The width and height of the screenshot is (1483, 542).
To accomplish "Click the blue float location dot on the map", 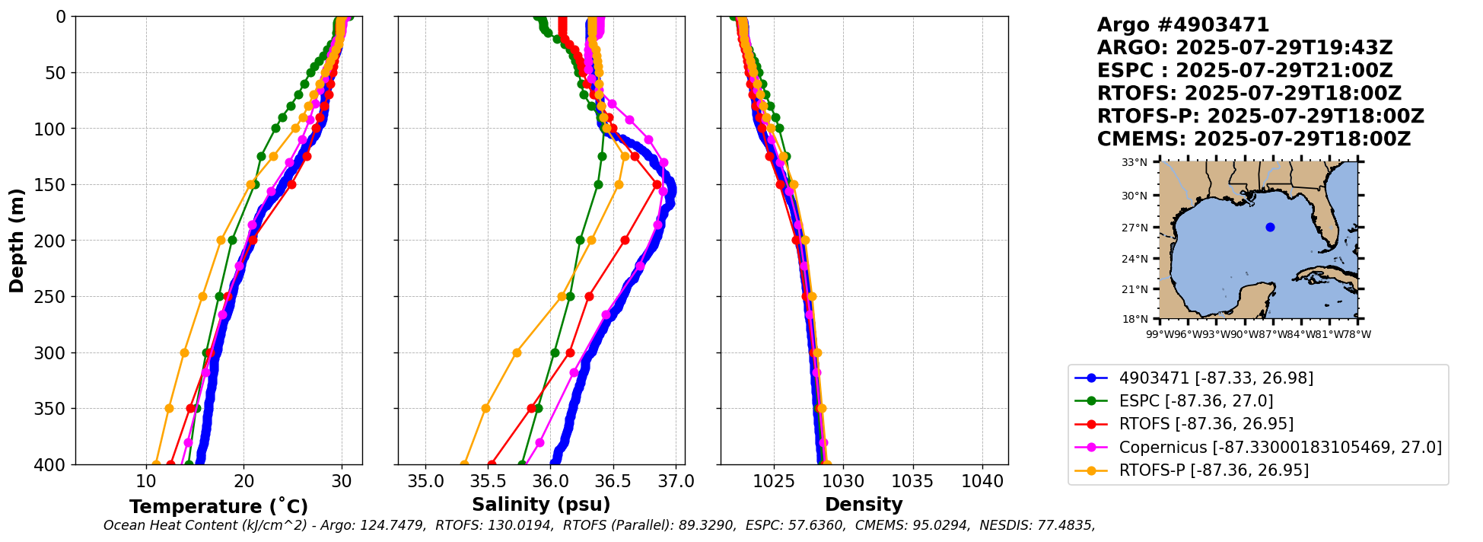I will (1270, 227).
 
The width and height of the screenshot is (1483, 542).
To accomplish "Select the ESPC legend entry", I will (1195, 401).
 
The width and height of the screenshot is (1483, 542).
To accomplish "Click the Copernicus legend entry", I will (1280, 447).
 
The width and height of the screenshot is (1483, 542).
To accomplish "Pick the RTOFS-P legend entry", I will (1214, 470).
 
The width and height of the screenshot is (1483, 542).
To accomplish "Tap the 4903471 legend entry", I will (1216, 378).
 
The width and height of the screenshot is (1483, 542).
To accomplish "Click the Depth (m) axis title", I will (17, 241).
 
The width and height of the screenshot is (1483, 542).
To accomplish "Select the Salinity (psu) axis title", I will (541, 505).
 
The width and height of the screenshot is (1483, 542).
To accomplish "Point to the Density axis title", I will (864, 505).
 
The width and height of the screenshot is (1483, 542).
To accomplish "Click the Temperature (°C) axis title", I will (218, 507).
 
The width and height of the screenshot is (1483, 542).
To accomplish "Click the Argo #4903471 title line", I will (1182, 25).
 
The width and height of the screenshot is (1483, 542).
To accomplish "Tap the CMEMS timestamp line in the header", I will (1253, 139).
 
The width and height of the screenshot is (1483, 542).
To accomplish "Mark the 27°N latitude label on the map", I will (1135, 228).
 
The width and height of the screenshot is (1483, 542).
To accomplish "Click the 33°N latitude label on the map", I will (1135, 162).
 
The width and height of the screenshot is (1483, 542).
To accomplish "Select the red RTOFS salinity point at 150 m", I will (657, 184).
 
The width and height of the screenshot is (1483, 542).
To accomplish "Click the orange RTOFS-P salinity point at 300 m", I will (517, 352).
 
